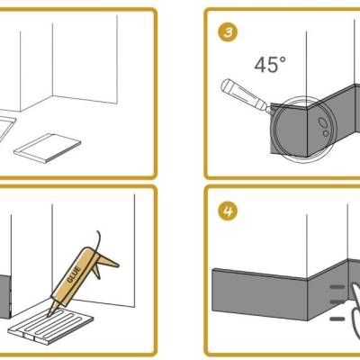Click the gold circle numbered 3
(x=228, y=31)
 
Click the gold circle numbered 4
(x=228, y=211)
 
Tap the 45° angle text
(x=270, y=65)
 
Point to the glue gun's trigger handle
(x=105, y=262)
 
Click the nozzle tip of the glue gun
(x=49, y=315)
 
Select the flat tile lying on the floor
(x=48, y=148)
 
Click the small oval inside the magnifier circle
(x=323, y=122)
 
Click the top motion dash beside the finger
(x=337, y=287)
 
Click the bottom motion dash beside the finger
(x=337, y=319)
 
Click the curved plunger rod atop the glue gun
(x=98, y=240)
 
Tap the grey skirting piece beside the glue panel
(x=5, y=296)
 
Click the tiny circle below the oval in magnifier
(x=326, y=133)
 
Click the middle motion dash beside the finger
(x=337, y=301)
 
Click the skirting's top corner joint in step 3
(x=309, y=106)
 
